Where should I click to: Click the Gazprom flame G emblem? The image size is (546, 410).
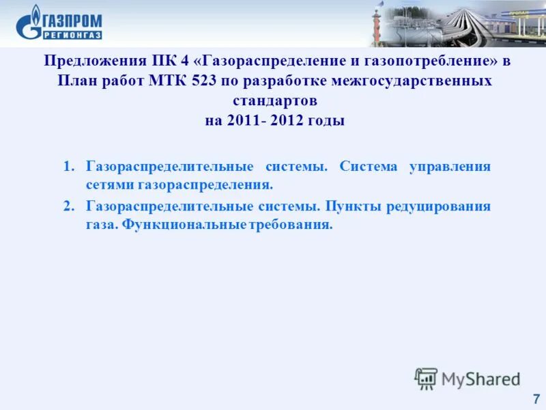click(x=29, y=23)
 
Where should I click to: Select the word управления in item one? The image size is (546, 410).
click(x=450, y=167)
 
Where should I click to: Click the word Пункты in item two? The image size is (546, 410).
click(x=350, y=206)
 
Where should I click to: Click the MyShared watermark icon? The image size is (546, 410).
click(x=426, y=378)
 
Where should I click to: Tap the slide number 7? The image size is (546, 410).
click(x=536, y=398)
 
